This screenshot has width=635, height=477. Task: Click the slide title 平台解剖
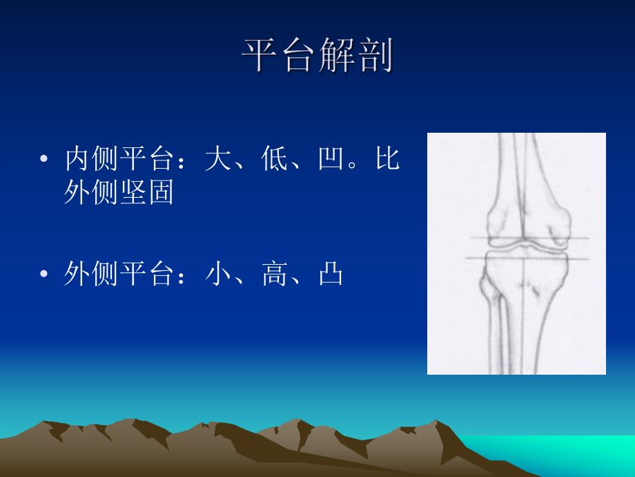click(317, 55)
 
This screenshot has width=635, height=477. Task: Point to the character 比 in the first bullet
click(388, 160)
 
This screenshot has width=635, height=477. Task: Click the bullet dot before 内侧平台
click(43, 160)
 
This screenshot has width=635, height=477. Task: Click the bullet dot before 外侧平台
click(43, 276)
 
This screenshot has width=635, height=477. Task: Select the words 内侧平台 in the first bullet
click(118, 160)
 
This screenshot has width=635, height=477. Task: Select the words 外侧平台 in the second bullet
click(118, 275)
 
